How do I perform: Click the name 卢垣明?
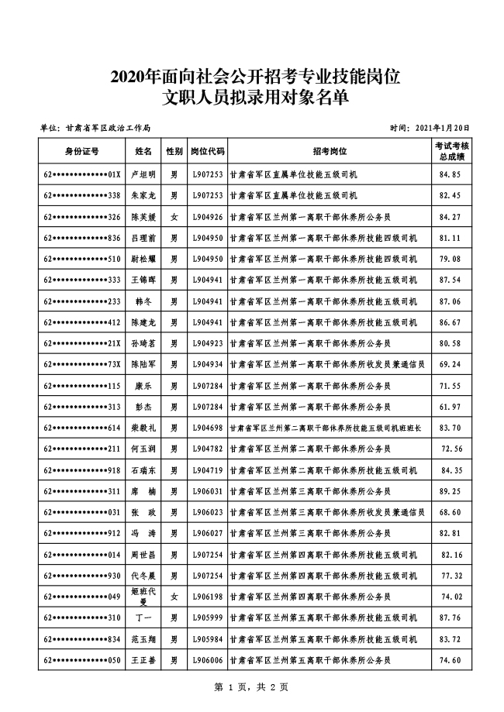144,174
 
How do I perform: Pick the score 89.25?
450,490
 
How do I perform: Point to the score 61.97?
450,406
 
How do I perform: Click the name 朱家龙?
144,195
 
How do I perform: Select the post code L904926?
208,216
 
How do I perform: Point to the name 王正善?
144,659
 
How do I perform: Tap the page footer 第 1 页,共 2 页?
251,686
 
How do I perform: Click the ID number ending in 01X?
81,174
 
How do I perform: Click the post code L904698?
208,428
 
